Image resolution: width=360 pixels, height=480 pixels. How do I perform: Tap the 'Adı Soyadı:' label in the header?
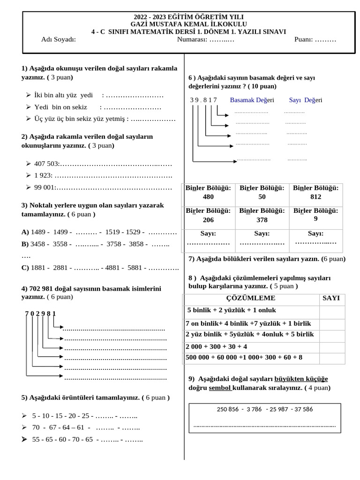(59, 39)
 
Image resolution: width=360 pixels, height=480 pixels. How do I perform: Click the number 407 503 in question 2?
(46, 164)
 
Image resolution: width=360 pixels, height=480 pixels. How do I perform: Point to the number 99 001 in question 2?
(45, 187)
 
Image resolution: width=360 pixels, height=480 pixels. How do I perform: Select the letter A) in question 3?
(25, 232)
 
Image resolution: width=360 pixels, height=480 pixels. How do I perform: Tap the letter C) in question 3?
(25, 268)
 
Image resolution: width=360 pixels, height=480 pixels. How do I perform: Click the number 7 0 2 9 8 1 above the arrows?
(40, 313)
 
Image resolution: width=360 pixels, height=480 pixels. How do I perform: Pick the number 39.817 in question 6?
(203, 100)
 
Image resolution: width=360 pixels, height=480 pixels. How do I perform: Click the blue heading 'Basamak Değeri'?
(252, 100)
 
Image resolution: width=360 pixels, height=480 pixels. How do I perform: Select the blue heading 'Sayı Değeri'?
(306, 100)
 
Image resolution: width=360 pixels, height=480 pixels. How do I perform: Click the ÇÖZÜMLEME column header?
(251, 298)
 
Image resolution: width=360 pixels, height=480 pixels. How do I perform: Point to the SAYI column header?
(331, 298)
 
